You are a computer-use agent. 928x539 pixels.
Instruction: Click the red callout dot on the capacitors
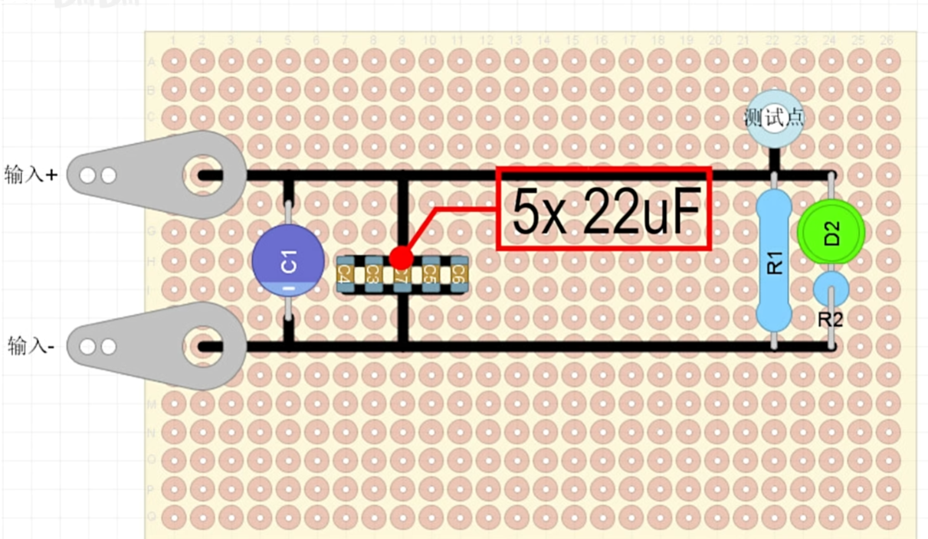pyautogui.click(x=401, y=258)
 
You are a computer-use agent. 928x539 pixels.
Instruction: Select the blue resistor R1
pyautogui.click(x=774, y=261)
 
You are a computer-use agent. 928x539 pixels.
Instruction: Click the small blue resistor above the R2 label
pyautogui.click(x=831, y=289)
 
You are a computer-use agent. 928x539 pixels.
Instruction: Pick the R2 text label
pyautogui.click(x=831, y=320)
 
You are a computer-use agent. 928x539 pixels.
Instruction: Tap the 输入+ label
pyautogui.click(x=31, y=175)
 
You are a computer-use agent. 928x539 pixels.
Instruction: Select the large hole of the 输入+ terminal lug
pyautogui.click(x=203, y=175)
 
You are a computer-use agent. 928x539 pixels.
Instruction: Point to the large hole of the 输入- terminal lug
pyautogui.click(x=203, y=346)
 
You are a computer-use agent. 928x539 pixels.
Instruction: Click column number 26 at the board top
pyautogui.click(x=887, y=40)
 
